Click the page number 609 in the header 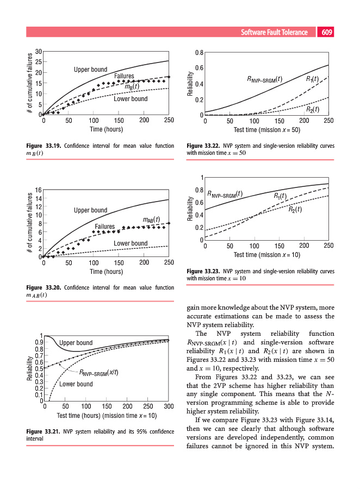coord(327,33)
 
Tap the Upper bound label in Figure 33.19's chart coord(91,70)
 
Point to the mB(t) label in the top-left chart coord(132,86)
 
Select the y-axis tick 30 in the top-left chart coord(38,52)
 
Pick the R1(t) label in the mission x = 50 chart coord(312,79)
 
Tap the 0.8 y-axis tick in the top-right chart coord(198,53)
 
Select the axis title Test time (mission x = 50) coord(266,130)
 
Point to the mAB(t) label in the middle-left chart coord(151,220)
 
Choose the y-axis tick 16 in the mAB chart coord(38,190)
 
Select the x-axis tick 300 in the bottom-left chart coord(169,406)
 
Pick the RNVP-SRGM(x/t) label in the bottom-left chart coord(99,372)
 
